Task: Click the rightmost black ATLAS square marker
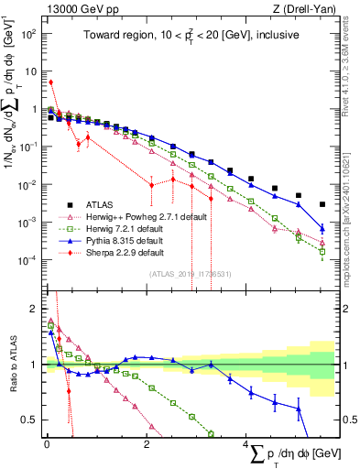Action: [322, 204]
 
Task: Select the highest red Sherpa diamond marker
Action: [51, 82]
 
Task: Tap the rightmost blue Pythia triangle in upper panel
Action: [322, 228]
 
